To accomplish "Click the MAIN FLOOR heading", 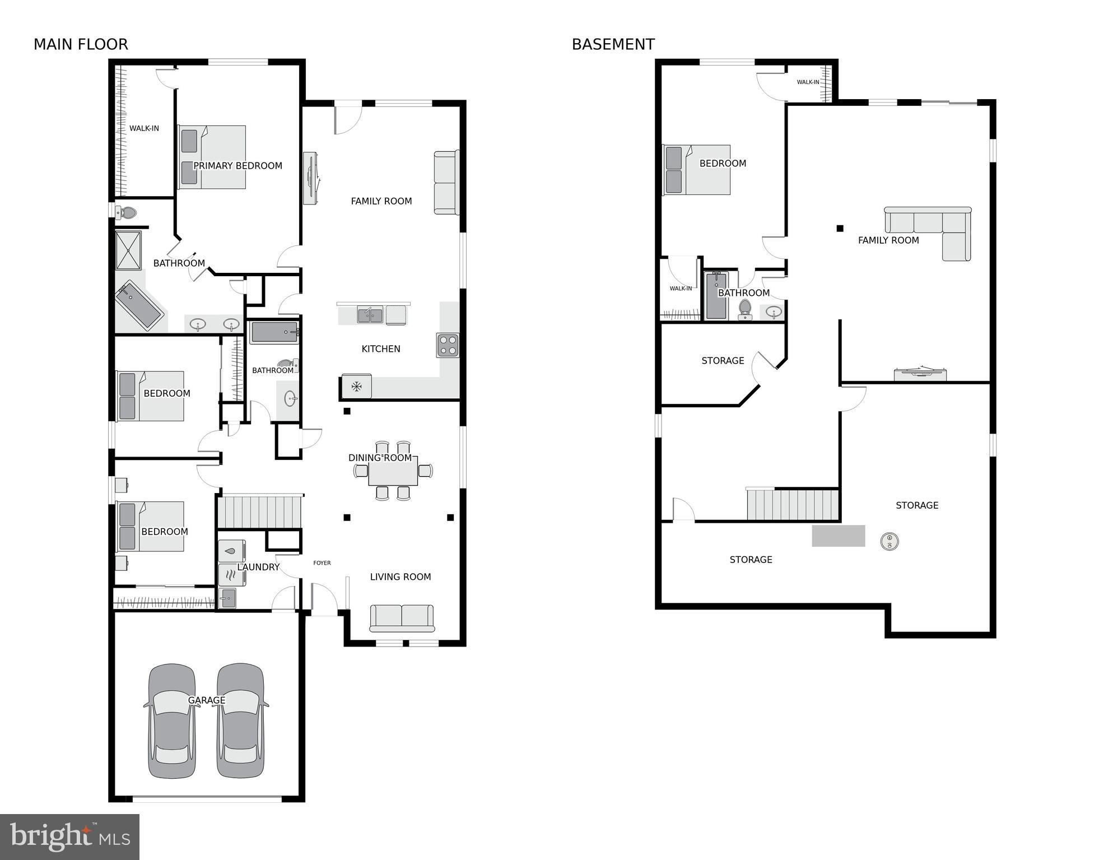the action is pos(81,44).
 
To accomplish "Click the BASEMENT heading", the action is pos(613,44).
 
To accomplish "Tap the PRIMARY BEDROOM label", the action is pos(237,166).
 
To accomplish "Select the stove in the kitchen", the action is pos(448,345).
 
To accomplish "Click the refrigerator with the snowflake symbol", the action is pos(356,386).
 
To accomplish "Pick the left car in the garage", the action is pos(172,720).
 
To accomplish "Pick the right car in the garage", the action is pos(240,720).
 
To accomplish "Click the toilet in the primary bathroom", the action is pos(127,213).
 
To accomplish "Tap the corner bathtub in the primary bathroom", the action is pos(139,305).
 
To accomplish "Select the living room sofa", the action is pos(402,618).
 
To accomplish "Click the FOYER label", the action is pos(322,563).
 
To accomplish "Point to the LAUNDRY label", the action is pos(258,567).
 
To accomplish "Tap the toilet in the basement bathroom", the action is pos(745,309).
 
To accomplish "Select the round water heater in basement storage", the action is pos(890,541).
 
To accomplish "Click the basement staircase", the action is pos(793,504).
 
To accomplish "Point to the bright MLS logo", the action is pos(69,836).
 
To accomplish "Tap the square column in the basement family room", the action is pos(840,228).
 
